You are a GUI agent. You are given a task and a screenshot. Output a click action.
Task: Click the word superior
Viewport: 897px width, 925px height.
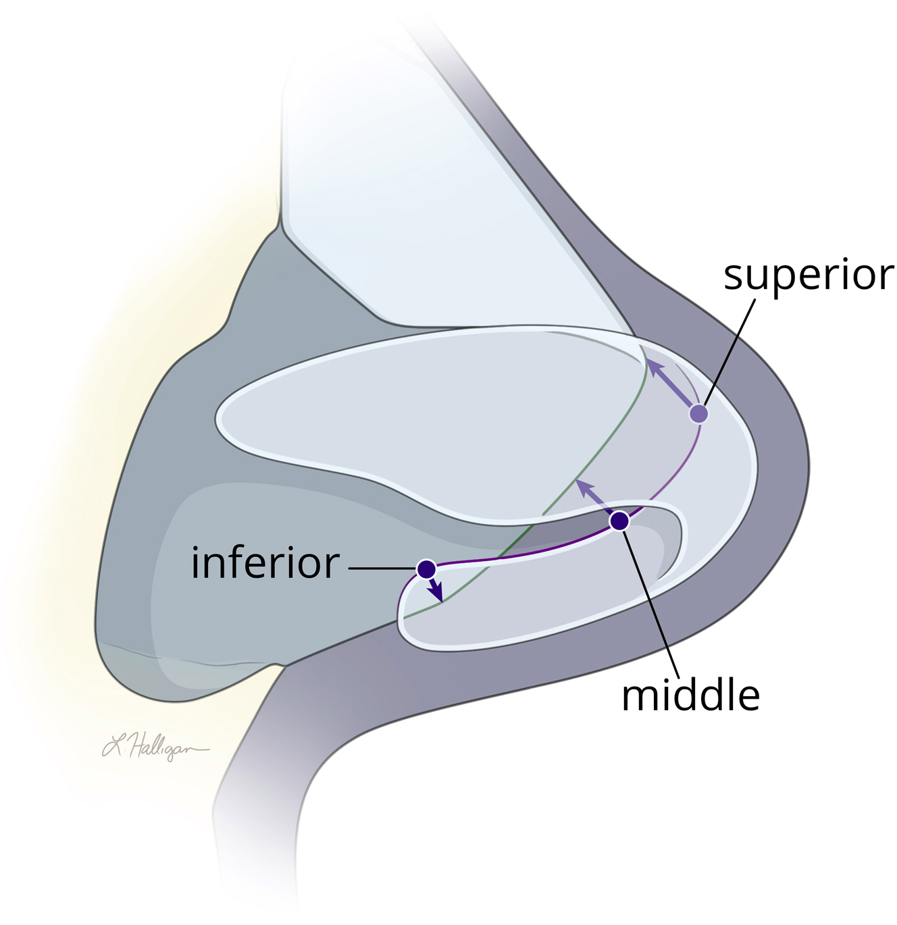click(808, 275)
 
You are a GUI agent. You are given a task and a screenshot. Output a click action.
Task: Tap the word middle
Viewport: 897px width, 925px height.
click(690, 695)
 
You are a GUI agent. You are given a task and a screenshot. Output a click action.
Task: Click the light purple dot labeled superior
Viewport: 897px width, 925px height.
click(699, 413)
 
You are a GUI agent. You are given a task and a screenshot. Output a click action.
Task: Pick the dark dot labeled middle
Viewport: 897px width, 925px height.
click(619, 521)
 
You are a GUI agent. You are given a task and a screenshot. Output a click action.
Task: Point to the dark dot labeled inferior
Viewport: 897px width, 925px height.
click(426, 569)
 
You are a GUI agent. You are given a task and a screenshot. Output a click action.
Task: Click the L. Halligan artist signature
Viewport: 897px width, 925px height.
click(155, 747)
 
